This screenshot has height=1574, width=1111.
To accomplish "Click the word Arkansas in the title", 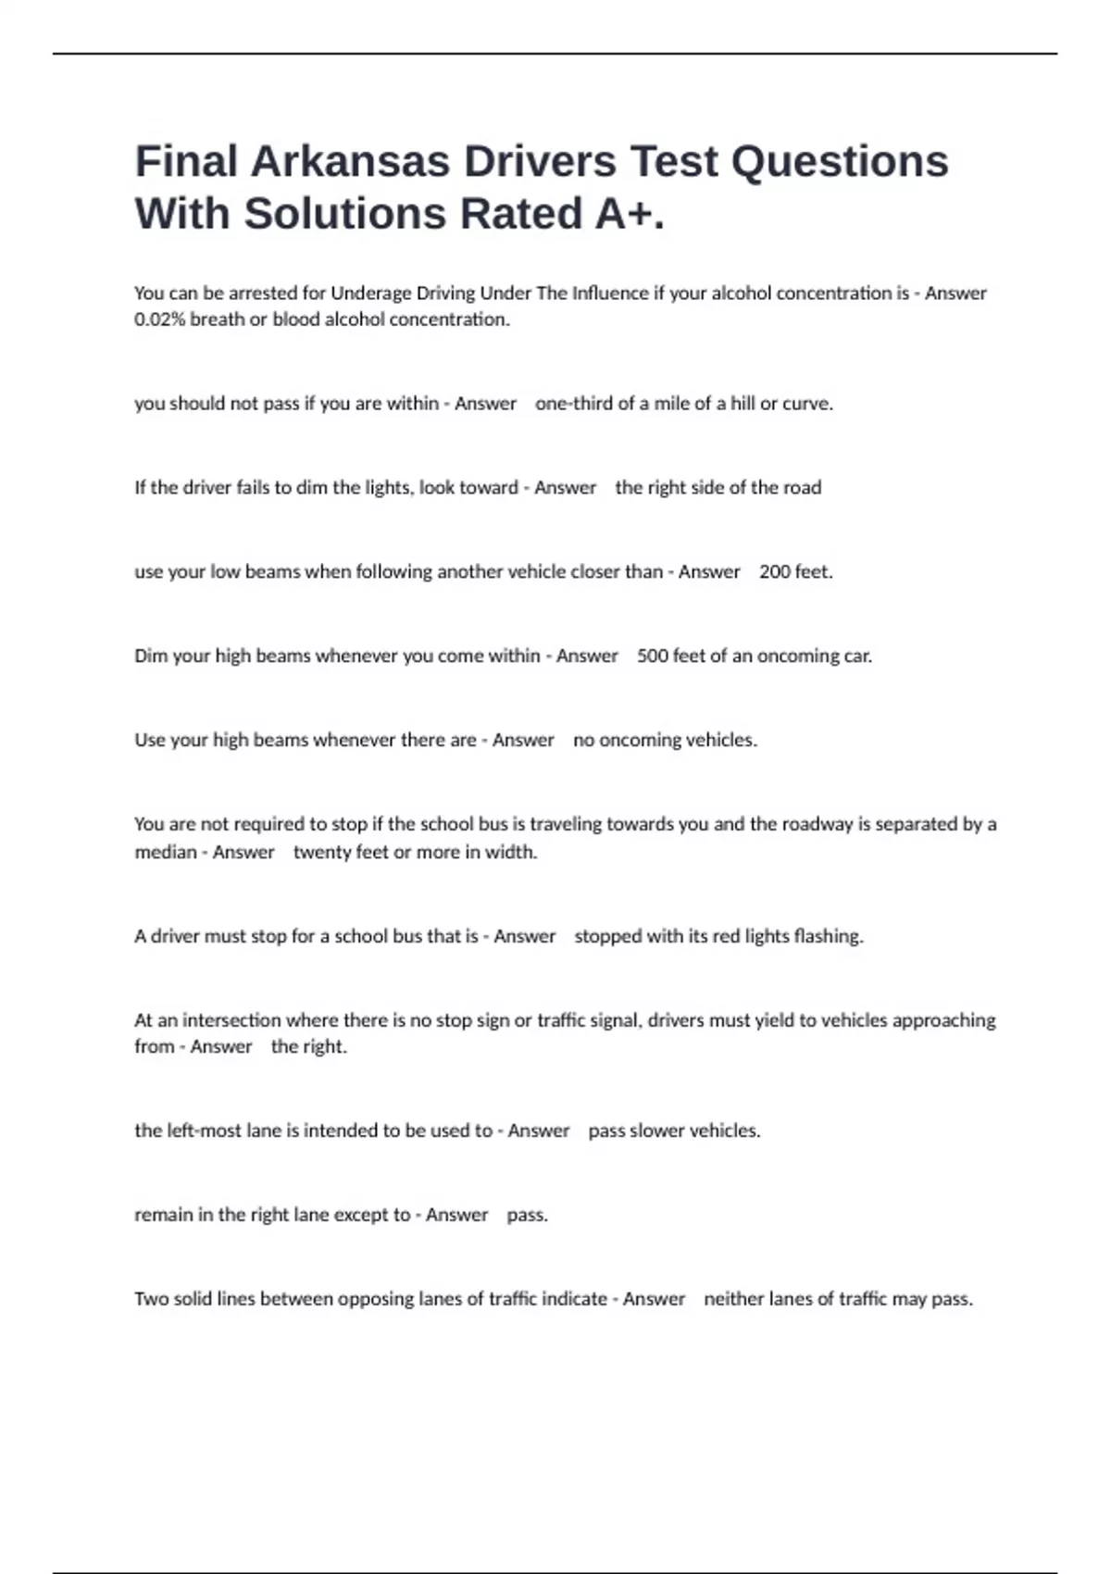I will [350, 161].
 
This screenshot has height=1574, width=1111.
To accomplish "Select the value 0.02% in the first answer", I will [159, 319].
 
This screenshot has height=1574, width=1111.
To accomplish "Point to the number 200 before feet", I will [774, 572].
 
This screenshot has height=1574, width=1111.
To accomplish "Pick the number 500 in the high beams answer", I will [652, 656].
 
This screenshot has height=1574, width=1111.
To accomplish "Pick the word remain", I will [164, 1215].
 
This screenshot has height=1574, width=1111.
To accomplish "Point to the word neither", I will [734, 1299].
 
